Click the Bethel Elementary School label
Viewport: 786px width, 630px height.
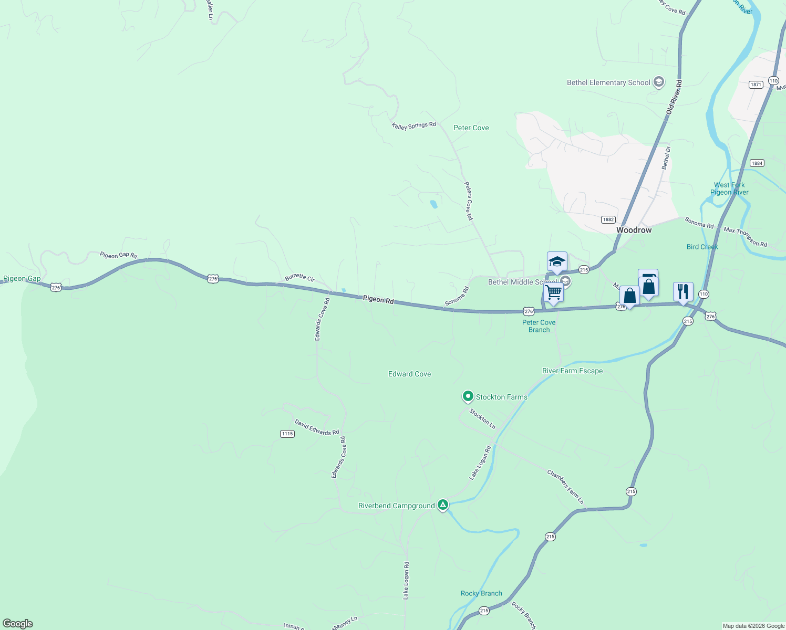coord(608,83)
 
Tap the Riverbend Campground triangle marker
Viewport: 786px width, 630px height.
coord(443,505)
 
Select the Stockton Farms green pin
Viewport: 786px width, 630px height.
coord(468,396)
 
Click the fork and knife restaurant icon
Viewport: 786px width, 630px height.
coord(683,291)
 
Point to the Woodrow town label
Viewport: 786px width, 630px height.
coord(634,230)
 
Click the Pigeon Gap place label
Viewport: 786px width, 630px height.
coord(22,279)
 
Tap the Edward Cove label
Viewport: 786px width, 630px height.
coord(409,374)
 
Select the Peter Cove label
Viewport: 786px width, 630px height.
coord(471,128)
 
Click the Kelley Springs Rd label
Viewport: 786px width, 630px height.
coord(414,125)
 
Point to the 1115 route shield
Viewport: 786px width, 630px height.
coord(287,434)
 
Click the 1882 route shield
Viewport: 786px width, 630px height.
coord(608,219)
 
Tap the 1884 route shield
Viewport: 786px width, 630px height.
coord(757,163)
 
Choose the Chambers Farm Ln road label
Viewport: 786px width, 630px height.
coord(565,487)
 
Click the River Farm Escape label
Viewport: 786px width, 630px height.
coord(572,371)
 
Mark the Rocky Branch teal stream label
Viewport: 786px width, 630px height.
coord(481,593)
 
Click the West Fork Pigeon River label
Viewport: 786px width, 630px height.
coord(729,188)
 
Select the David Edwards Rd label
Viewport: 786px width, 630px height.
coord(316,427)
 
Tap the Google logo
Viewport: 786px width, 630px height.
coord(18,624)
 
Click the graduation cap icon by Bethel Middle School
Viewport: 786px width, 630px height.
coord(557,261)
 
